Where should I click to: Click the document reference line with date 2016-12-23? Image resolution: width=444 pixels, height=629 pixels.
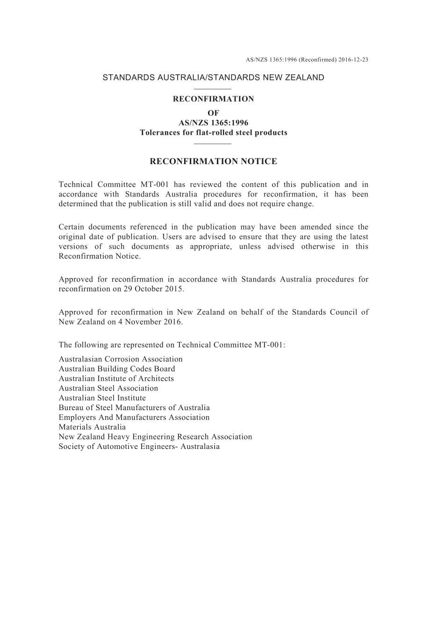pos(307,60)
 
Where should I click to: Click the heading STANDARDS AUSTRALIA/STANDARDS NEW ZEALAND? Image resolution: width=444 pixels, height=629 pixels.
pos(213,78)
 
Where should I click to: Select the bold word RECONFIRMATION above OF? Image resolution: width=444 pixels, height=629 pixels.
pos(213,99)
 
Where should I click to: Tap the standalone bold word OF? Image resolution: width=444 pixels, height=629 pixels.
pos(213,113)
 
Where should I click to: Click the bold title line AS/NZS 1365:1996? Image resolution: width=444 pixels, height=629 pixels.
pos(213,123)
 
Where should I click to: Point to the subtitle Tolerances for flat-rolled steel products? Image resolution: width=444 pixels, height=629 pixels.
pos(213,133)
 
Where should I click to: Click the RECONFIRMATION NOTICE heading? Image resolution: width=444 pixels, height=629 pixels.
pos(213,162)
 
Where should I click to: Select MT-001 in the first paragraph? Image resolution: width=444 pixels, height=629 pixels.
pos(153,185)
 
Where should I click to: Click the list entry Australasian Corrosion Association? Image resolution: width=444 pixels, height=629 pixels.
pos(121,359)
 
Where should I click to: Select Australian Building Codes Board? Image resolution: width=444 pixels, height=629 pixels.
pos(117,369)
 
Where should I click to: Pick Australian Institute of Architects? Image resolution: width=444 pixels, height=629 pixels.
pos(116,379)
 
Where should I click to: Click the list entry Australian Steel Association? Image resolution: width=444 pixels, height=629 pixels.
pos(108,388)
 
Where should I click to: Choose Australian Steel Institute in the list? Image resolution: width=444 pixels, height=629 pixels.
pos(102,398)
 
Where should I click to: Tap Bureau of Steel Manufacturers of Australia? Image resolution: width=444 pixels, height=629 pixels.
pos(134,408)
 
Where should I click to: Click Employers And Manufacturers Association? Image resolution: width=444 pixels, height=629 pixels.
pos(134,418)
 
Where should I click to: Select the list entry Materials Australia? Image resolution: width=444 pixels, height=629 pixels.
pos(92,427)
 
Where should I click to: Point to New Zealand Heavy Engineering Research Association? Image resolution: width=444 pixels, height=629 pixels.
pos(155,437)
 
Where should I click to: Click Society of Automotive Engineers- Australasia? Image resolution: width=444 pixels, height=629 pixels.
pos(139,447)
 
